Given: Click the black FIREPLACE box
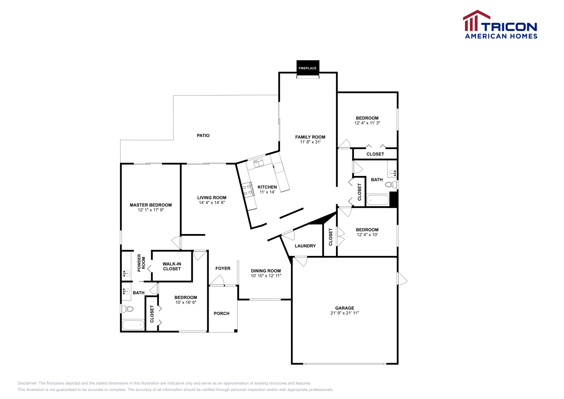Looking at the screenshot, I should click(308, 67).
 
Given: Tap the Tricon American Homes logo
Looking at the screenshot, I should click(500, 25).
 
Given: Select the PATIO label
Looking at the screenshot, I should click(203, 135).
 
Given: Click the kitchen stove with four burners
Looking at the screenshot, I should click(247, 189).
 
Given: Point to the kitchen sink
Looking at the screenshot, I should click(258, 163).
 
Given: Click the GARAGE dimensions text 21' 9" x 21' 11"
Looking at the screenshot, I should click(344, 313).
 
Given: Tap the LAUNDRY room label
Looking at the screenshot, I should click(305, 246).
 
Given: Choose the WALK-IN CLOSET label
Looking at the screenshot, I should click(172, 266).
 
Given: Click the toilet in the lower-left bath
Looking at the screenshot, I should click(128, 309).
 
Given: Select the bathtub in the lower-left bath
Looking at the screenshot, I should click(133, 325).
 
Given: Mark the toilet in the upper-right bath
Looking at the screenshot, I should click(390, 184).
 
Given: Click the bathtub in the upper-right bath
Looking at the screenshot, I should click(378, 200).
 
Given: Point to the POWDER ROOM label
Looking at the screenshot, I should click(141, 263).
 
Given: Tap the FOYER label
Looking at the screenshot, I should click(223, 269).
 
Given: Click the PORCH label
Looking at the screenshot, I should click(221, 313).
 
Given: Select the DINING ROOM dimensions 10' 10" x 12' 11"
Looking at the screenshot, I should click(266, 276).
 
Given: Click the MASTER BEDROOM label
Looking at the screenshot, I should click(151, 205).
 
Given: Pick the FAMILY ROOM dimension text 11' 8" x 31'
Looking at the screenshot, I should click(310, 142).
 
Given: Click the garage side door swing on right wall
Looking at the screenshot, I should click(402, 279).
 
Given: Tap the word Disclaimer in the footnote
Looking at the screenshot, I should click(27, 383).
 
